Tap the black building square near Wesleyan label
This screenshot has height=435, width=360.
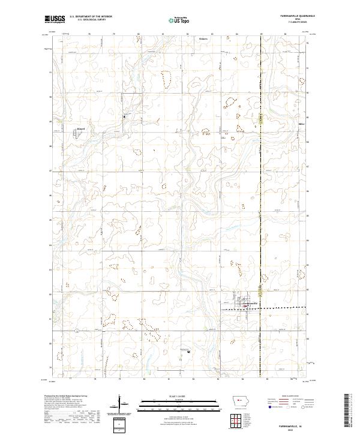pyautogui.click(x=189, y=352)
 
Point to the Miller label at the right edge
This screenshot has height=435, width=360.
pyautogui.click(x=302, y=124)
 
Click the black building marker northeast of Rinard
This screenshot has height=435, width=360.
pyautogui.click(x=124, y=116)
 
